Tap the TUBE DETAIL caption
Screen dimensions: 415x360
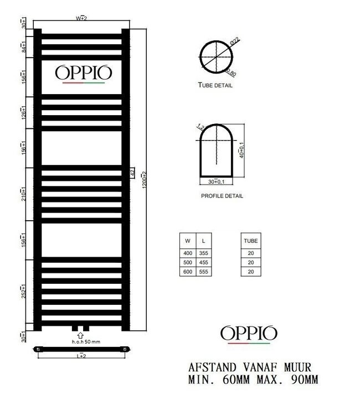[x=215, y=86]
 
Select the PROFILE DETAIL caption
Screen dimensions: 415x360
[x=222, y=196]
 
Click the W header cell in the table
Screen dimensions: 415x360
[x=188, y=241]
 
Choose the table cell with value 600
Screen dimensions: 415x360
[x=188, y=271]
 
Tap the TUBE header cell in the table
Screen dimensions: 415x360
[x=250, y=241]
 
